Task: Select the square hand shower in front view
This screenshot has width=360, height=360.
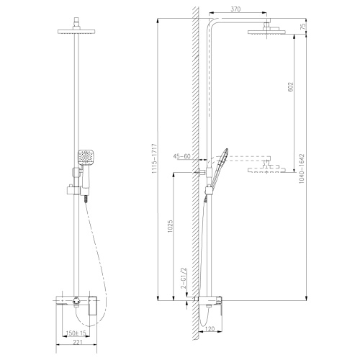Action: [84, 157]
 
